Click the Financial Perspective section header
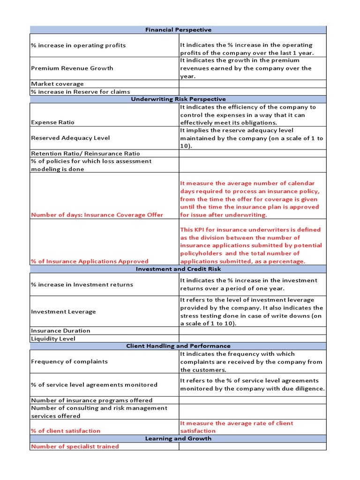point(178,30)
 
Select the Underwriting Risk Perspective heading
point(178,99)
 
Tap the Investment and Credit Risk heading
point(178,269)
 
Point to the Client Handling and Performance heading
point(178,346)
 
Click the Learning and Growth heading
point(178,438)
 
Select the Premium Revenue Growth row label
point(72,68)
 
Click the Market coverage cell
point(58,84)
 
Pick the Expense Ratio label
point(52,122)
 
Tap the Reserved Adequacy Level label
point(70,138)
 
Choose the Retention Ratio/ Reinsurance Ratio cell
point(85,153)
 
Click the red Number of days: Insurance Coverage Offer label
point(97,215)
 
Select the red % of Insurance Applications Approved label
point(90,261)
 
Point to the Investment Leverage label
point(63,312)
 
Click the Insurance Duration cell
point(60,330)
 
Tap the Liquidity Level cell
point(53,338)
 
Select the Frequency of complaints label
point(69,361)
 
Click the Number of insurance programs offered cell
point(92,400)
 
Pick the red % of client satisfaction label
point(66,431)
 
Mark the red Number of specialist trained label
point(75,446)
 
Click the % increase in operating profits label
point(78,45)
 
